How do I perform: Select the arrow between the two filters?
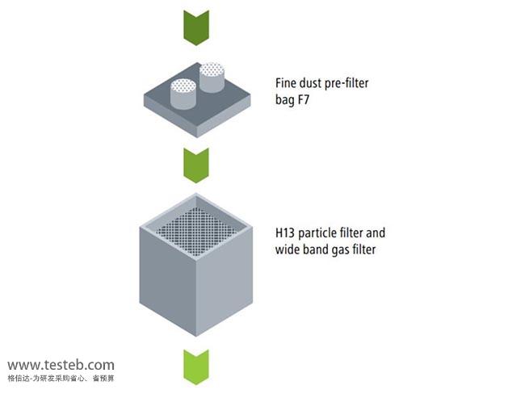tap(195, 165)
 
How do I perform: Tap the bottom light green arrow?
tap(195, 366)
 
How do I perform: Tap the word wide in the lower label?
tap(288, 249)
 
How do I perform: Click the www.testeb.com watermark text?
tap(61, 365)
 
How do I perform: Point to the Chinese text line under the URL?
tap(61, 378)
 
